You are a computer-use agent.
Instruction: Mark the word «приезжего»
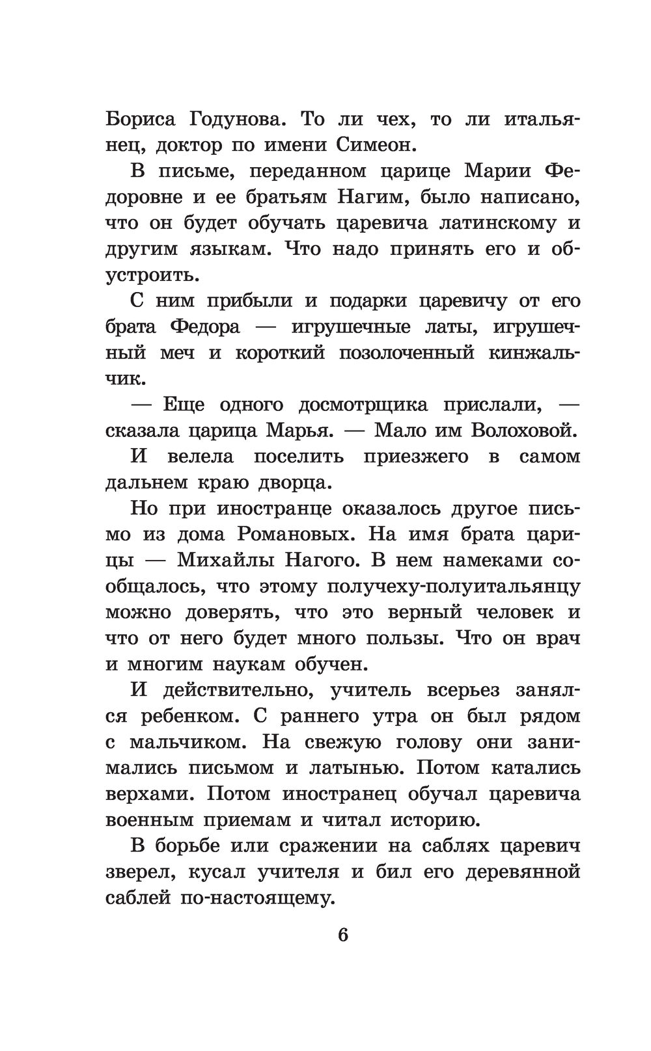point(417,457)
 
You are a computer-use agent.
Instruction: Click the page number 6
point(343,935)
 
